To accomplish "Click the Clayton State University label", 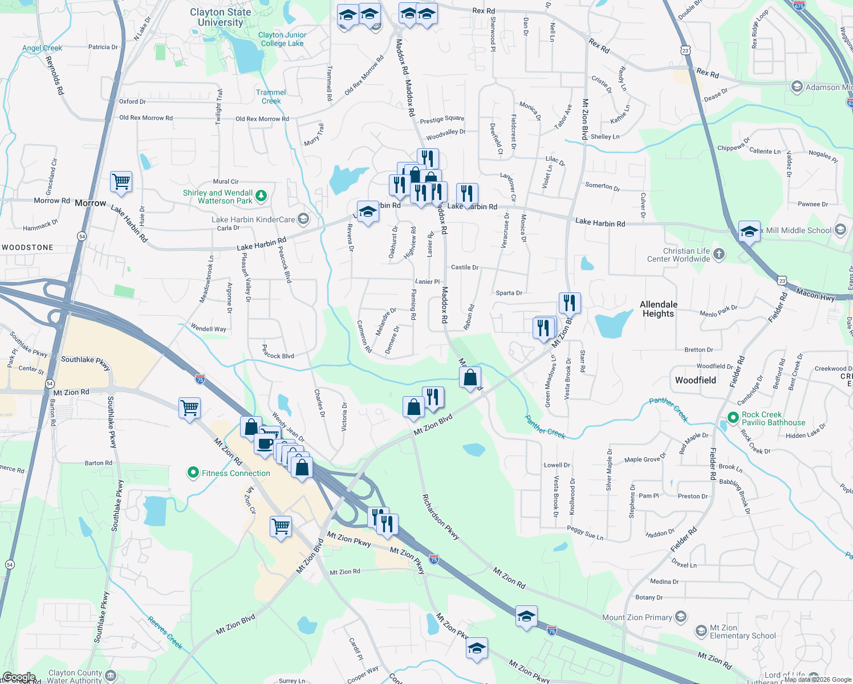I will click(x=220, y=17).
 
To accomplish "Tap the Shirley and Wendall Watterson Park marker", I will click(x=261, y=196).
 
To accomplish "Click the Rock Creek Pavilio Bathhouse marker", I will click(x=733, y=418).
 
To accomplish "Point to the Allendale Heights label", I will click(x=659, y=309).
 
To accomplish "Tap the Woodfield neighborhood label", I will click(x=695, y=380).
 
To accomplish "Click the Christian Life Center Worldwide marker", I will click(x=719, y=254).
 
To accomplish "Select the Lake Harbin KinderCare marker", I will click(x=303, y=219).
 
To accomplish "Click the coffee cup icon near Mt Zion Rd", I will click(x=265, y=443).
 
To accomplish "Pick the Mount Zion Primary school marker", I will click(x=681, y=617).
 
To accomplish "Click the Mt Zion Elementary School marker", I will click(x=701, y=631).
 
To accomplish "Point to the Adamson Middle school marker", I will click(x=797, y=87).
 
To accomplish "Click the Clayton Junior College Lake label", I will click(x=282, y=39).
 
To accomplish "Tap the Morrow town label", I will click(x=90, y=203).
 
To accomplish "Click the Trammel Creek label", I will click(x=271, y=96).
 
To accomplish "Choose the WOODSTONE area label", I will click(x=27, y=247).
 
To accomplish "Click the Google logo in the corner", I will click(x=18, y=677).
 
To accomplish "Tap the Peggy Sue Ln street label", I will click(x=585, y=534).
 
